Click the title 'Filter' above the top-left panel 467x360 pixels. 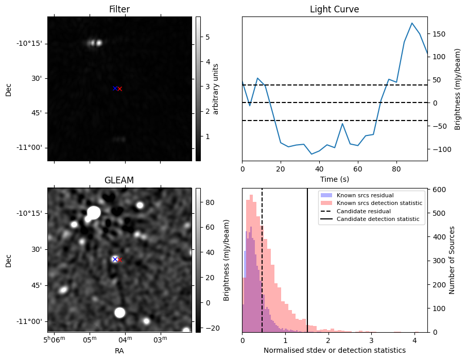119,9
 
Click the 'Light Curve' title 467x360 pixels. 335,9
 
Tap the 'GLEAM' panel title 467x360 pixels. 119,180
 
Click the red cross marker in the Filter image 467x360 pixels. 119,89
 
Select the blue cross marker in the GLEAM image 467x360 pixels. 115,259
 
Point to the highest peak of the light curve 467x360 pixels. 412,23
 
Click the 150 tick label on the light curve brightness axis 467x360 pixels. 439,35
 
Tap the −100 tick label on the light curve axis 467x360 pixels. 441,149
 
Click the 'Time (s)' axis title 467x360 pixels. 335,179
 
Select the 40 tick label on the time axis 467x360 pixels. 319,169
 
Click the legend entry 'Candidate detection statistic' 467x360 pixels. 378,219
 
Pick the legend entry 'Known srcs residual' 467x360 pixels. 365,195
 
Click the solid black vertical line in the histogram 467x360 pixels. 307,260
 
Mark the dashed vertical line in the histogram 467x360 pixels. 262,260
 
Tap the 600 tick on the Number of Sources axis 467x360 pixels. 440,190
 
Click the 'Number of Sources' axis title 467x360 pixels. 452,260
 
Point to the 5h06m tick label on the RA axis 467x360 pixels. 55,339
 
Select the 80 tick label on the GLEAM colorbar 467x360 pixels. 210,202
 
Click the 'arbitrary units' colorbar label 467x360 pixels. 216,89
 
